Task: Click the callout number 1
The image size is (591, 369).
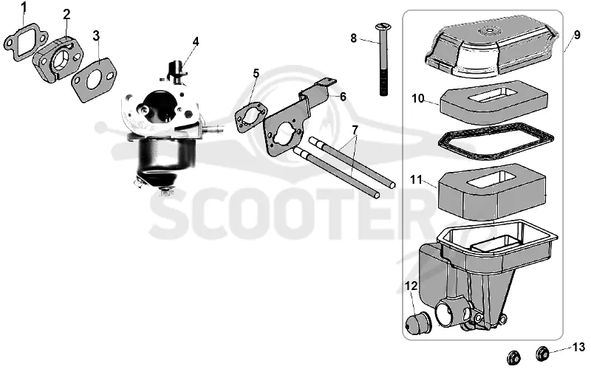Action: (24, 7)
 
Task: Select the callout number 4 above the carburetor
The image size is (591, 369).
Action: (196, 41)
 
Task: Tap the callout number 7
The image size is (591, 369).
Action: (355, 130)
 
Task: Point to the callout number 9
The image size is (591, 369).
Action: (577, 35)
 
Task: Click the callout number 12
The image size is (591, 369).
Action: (411, 286)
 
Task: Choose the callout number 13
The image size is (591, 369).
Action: (578, 347)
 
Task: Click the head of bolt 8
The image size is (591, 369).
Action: (383, 27)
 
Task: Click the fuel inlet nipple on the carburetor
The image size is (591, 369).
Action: (214, 130)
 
